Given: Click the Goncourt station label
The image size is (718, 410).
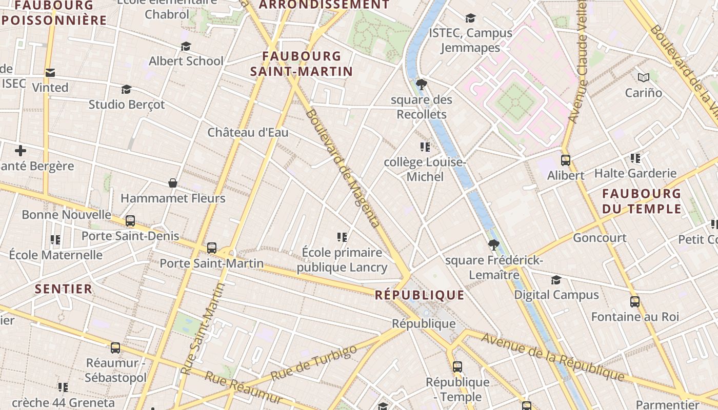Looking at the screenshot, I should click(600, 238).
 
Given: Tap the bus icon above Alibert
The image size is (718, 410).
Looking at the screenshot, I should click(566, 160).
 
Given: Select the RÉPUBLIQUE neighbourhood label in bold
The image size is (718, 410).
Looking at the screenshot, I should click(420, 295).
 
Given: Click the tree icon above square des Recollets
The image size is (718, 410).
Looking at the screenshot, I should click(422, 84).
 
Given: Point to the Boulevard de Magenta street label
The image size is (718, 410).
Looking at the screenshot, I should click(343, 168).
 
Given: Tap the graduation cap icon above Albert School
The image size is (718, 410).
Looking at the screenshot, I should click(186, 47).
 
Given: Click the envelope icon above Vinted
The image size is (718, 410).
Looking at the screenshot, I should click(50, 73).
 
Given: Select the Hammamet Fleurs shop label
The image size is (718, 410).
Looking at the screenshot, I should click(173, 198).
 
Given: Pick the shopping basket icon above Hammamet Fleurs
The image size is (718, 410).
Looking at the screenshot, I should click(173, 183).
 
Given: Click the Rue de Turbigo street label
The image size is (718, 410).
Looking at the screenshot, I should click(313, 363).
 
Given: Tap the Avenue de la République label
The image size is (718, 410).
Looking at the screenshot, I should click(553, 358).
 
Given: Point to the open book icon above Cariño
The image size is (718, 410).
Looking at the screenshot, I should click(643, 77).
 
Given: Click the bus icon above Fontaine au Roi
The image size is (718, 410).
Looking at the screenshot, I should click(635, 301).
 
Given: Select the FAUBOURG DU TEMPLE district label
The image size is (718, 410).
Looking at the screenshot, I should click(641, 201).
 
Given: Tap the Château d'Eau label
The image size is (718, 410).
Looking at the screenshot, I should click(248, 133).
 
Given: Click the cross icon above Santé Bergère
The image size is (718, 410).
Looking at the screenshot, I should click(21, 151).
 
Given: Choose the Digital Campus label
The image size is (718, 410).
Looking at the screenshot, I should click(556, 295).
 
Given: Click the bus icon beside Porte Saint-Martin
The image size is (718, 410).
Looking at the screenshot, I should click(212, 248).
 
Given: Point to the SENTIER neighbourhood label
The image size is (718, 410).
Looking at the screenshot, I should click(64, 289).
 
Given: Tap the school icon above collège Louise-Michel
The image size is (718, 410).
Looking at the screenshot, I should click(425, 148).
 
